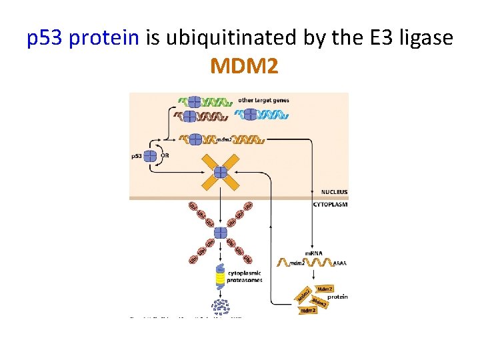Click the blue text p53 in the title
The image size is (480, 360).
(45, 38)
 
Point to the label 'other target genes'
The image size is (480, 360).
(263, 101)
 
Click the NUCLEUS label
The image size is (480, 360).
(334, 192)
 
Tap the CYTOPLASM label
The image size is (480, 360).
(330, 204)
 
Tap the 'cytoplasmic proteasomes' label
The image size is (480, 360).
(245, 276)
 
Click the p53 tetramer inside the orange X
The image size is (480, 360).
(221, 171)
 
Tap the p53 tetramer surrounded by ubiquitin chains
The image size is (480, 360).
(220, 233)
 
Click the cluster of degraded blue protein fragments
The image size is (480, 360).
(220, 307)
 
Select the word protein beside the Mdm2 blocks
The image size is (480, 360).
(337, 297)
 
